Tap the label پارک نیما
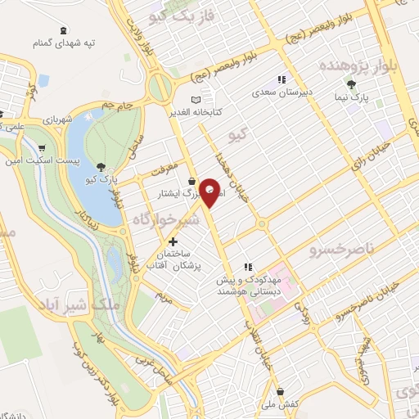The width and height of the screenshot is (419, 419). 350,97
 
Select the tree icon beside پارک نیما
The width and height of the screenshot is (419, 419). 351,84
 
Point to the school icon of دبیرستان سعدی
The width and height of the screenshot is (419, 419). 282,79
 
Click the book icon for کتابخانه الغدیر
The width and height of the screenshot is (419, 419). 194,99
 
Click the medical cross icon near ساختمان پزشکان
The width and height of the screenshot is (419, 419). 173,242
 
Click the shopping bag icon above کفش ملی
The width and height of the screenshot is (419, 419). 281,390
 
